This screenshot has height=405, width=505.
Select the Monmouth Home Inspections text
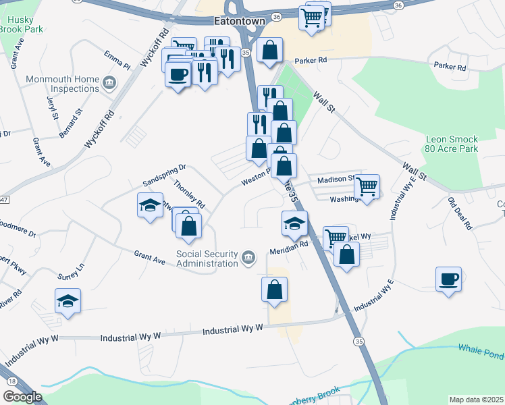(62, 84)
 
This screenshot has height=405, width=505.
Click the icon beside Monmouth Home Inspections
(109, 84)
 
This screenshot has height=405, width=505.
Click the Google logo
(22, 397)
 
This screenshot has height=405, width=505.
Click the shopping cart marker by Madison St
(367, 186)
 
